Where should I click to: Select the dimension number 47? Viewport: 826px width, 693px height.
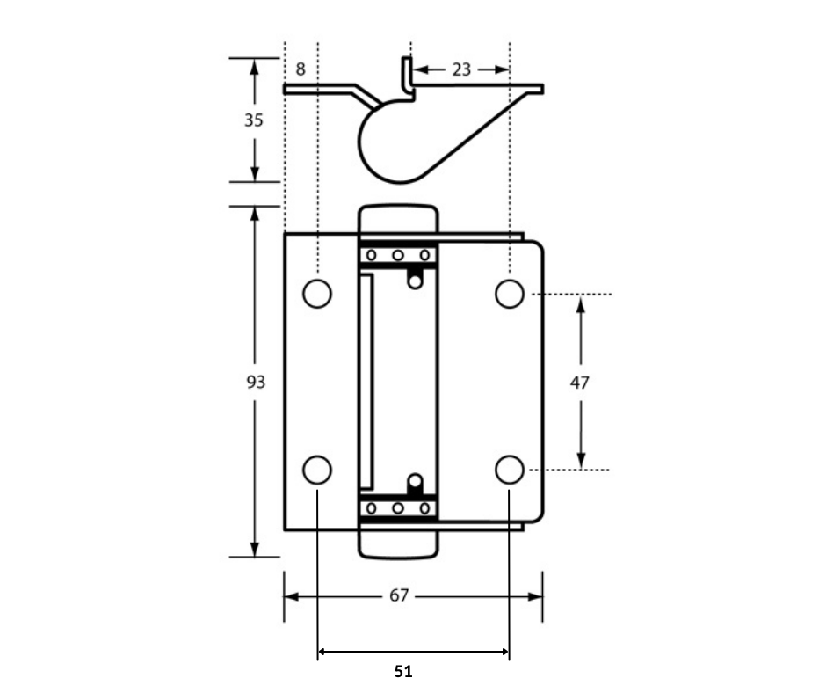click(x=580, y=383)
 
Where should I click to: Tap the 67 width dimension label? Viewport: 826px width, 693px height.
click(x=399, y=596)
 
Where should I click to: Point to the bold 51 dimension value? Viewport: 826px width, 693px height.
click(x=403, y=672)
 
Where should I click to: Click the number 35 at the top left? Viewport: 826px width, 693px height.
click(x=254, y=120)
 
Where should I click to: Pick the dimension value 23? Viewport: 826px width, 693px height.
click(x=461, y=69)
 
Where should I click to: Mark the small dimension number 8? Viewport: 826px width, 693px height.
click(x=301, y=69)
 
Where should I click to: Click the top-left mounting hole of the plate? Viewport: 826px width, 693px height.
click(x=317, y=293)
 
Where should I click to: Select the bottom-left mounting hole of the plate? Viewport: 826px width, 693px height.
click(x=317, y=471)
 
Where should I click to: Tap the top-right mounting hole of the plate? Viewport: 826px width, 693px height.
click(x=509, y=293)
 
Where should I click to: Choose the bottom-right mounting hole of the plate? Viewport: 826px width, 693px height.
click(x=509, y=471)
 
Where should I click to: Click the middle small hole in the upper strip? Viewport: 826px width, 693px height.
click(x=398, y=255)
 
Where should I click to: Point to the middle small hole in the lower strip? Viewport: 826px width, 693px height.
click(x=398, y=508)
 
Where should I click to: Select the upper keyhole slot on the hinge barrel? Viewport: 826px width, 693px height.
click(x=415, y=277)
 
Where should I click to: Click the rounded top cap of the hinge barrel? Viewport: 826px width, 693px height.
click(x=398, y=220)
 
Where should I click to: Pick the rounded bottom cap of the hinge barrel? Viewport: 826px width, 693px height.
click(x=398, y=544)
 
